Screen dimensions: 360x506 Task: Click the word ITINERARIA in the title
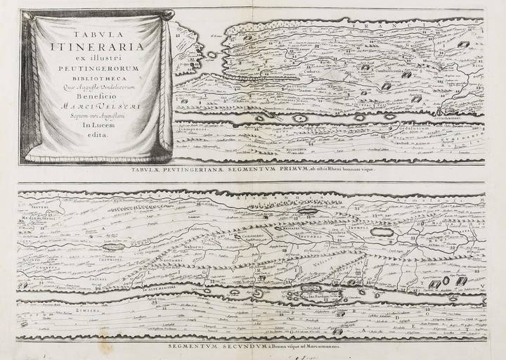point(96,49)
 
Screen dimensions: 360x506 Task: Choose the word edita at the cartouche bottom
point(96,135)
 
